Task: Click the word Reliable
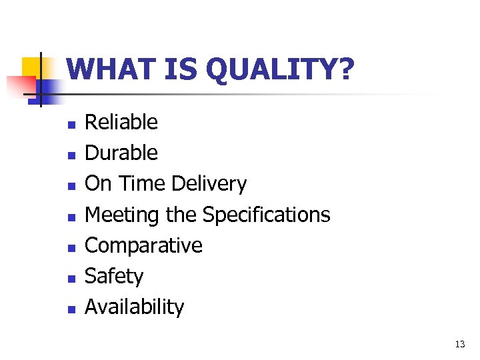[121, 122]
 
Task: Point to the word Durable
[121, 153]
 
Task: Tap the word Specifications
[266, 215]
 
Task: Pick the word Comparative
[143, 245]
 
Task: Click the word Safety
[114, 276]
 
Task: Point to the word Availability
[134, 307]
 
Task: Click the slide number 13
[459, 345]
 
